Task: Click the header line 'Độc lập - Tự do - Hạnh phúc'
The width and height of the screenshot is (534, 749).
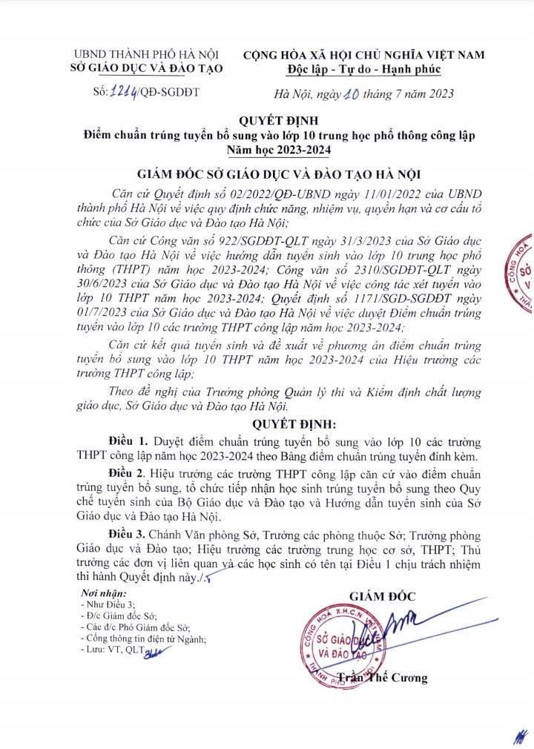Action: point(363,69)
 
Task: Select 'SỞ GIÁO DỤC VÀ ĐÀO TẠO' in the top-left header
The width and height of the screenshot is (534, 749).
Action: point(150,69)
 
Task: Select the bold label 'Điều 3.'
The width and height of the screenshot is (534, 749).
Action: point(117,535)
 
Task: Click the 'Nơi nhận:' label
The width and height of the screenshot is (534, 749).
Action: point(105,594)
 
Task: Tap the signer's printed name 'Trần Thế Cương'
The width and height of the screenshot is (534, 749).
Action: point(382,677)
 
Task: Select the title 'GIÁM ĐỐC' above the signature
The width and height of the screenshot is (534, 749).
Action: point(383,595)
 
